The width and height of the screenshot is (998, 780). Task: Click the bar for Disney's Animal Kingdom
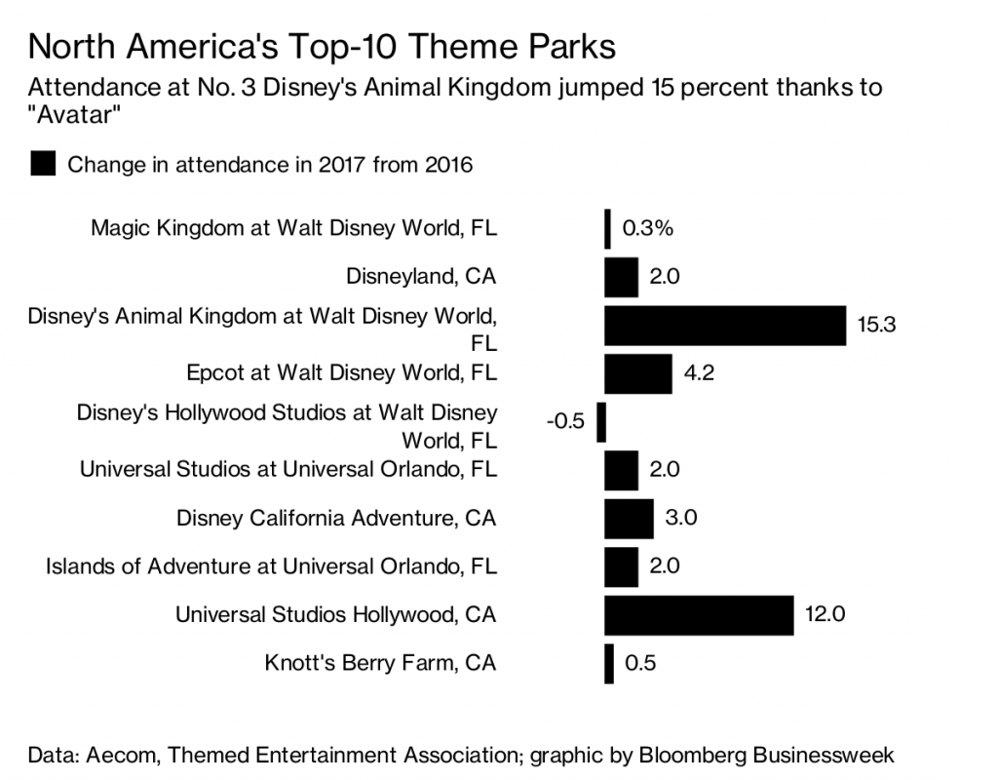click(724, 325)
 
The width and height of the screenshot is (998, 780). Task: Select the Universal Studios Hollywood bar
click(699, 615)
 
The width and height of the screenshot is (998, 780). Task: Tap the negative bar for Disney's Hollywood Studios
click(601, 422)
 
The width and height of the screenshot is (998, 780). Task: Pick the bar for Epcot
click(637, 373)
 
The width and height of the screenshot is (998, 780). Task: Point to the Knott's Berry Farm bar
click(609, 664)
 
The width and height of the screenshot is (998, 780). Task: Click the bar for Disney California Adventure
click(629, 518)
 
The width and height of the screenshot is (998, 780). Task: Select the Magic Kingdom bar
click(608, 228)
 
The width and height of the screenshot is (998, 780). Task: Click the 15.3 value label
click(876, 326)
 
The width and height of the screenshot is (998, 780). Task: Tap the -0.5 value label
click(565, 422)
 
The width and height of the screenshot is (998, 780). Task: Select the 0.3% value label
click(648, 229)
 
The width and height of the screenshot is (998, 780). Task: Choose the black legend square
click(44, 164)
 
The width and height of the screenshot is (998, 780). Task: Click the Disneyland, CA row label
click(421, 277)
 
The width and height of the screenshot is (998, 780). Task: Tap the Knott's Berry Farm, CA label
click(380, 664)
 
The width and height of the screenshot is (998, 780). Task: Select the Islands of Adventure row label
click(271, 566)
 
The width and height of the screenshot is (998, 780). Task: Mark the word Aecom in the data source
click(117, 754)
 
